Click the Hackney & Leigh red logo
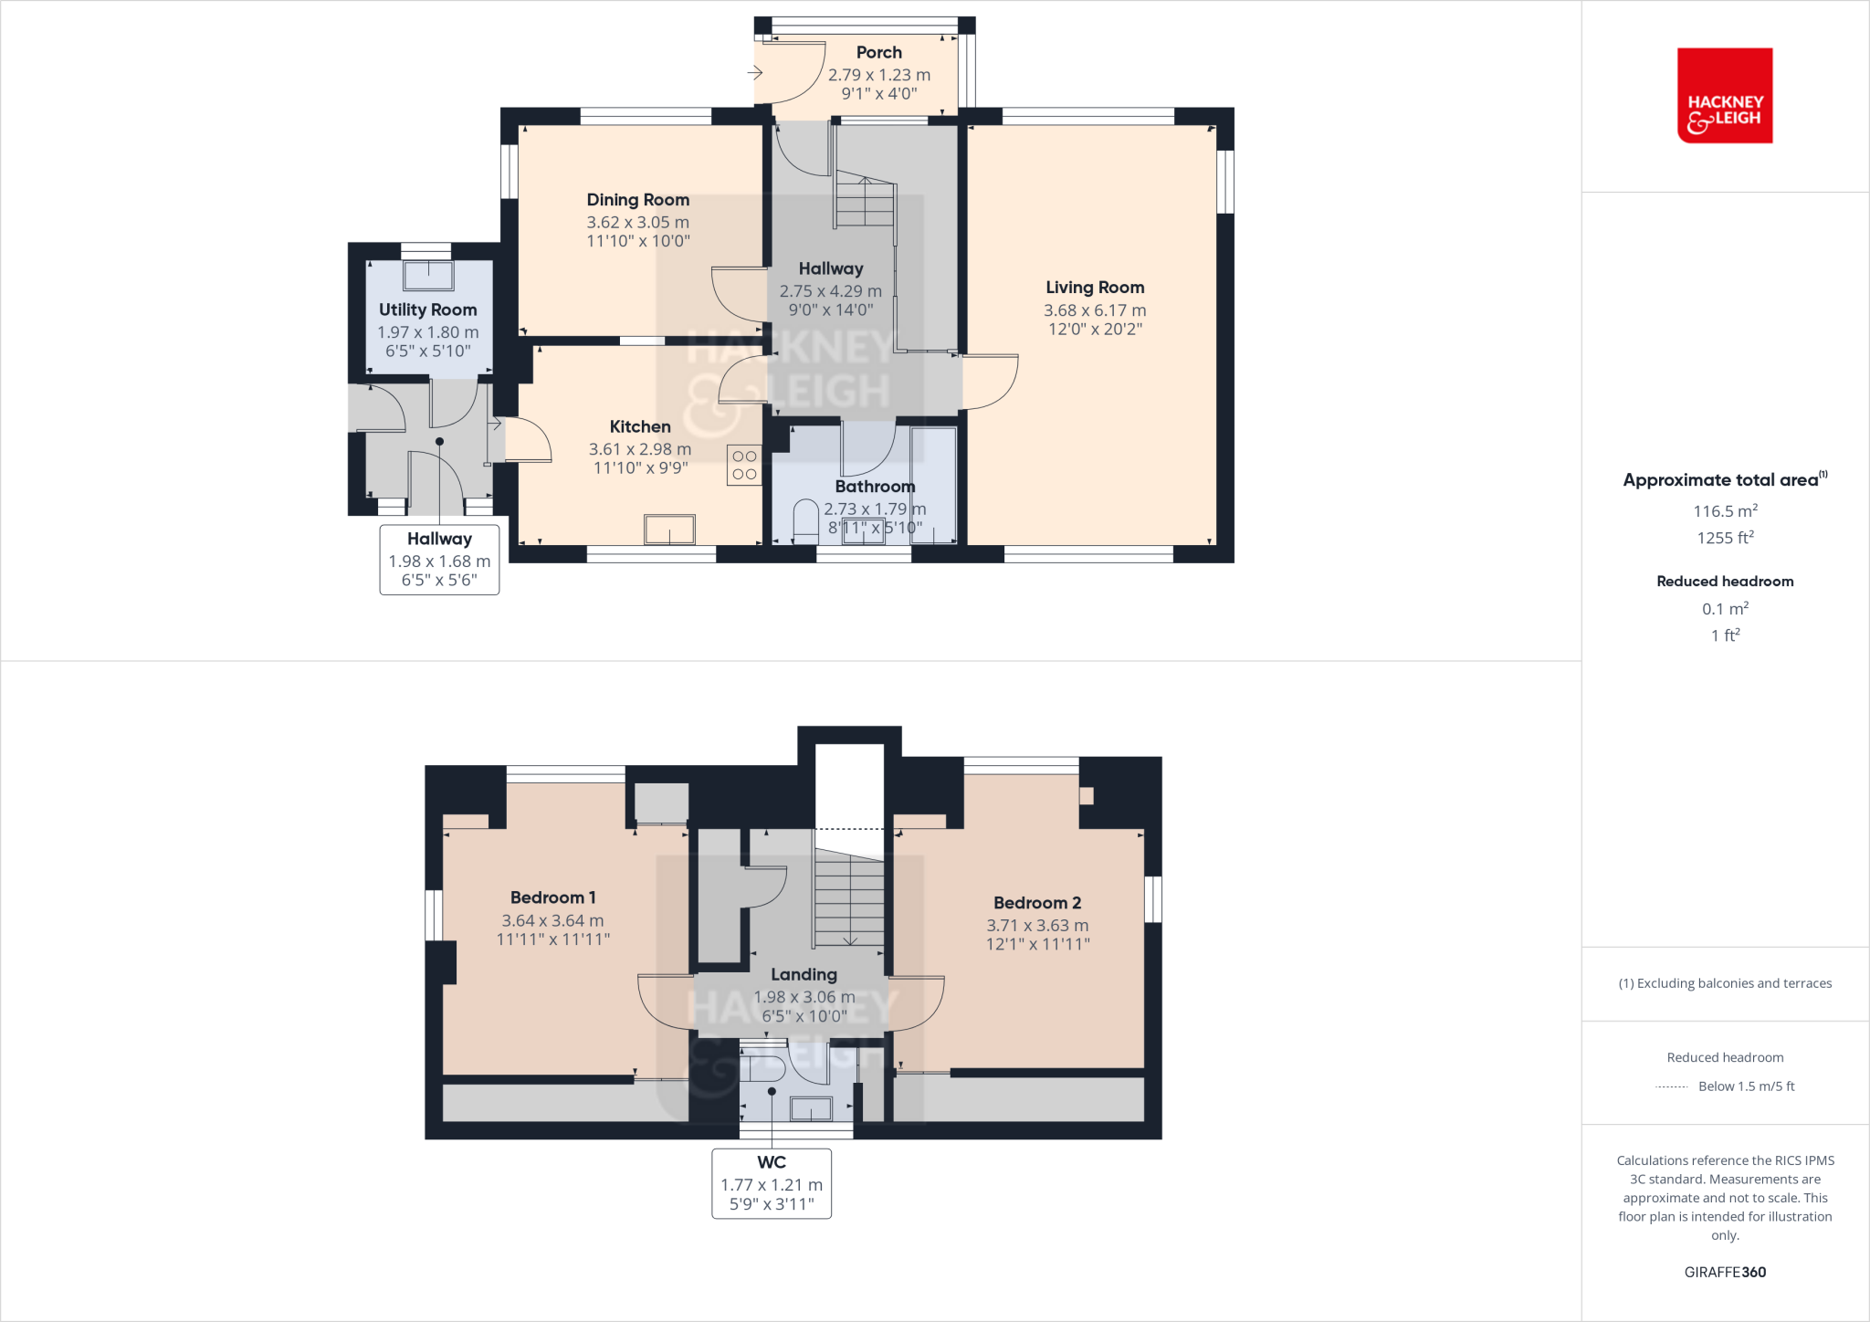(1724, 96)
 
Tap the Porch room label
(878, 53)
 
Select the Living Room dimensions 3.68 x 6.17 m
(1094, 310)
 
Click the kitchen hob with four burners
(744, 465)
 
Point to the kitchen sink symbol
(669, 530)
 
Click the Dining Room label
(637, 200)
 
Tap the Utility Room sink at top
(427, 275)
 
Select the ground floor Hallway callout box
(439, 560)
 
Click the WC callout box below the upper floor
(772, 1183)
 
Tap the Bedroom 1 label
(552, 897)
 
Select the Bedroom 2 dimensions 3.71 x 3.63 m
(1037, 925)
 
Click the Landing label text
(804, 975)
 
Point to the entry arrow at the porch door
(755, 72)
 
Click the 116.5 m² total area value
(1724, 511)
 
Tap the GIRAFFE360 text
(1724, 1272)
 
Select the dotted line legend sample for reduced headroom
(1672, 1087)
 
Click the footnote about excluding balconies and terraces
(1724, 983)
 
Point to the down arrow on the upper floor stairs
(850, 939)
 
